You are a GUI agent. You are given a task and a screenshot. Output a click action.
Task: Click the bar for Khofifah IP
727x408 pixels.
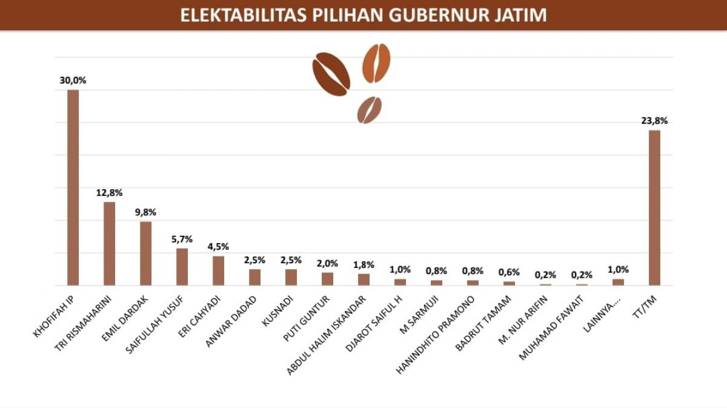click(73, 187)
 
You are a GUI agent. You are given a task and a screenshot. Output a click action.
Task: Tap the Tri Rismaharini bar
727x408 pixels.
click(109, 243)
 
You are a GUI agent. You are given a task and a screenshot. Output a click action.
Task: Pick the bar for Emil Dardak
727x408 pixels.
click(145, 253)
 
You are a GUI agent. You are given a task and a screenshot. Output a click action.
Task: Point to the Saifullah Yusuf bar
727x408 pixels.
click(182, 266)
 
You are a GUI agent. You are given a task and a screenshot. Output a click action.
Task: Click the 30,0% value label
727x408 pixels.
click(73, 80)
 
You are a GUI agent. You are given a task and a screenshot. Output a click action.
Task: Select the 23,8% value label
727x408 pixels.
click(654, 121)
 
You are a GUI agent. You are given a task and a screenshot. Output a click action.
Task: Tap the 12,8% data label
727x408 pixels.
click(109, 193)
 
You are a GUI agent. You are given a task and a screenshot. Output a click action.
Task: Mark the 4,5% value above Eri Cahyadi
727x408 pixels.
click(218, 247)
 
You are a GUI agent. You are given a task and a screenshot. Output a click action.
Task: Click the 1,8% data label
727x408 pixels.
click(363, 264)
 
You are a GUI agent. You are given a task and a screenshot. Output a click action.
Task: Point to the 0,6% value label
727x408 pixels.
click(509, 272)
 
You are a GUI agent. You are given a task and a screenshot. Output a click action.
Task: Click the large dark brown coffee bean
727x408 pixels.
click(331, 74)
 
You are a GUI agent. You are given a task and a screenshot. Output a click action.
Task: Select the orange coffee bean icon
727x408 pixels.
click(376, 63)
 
